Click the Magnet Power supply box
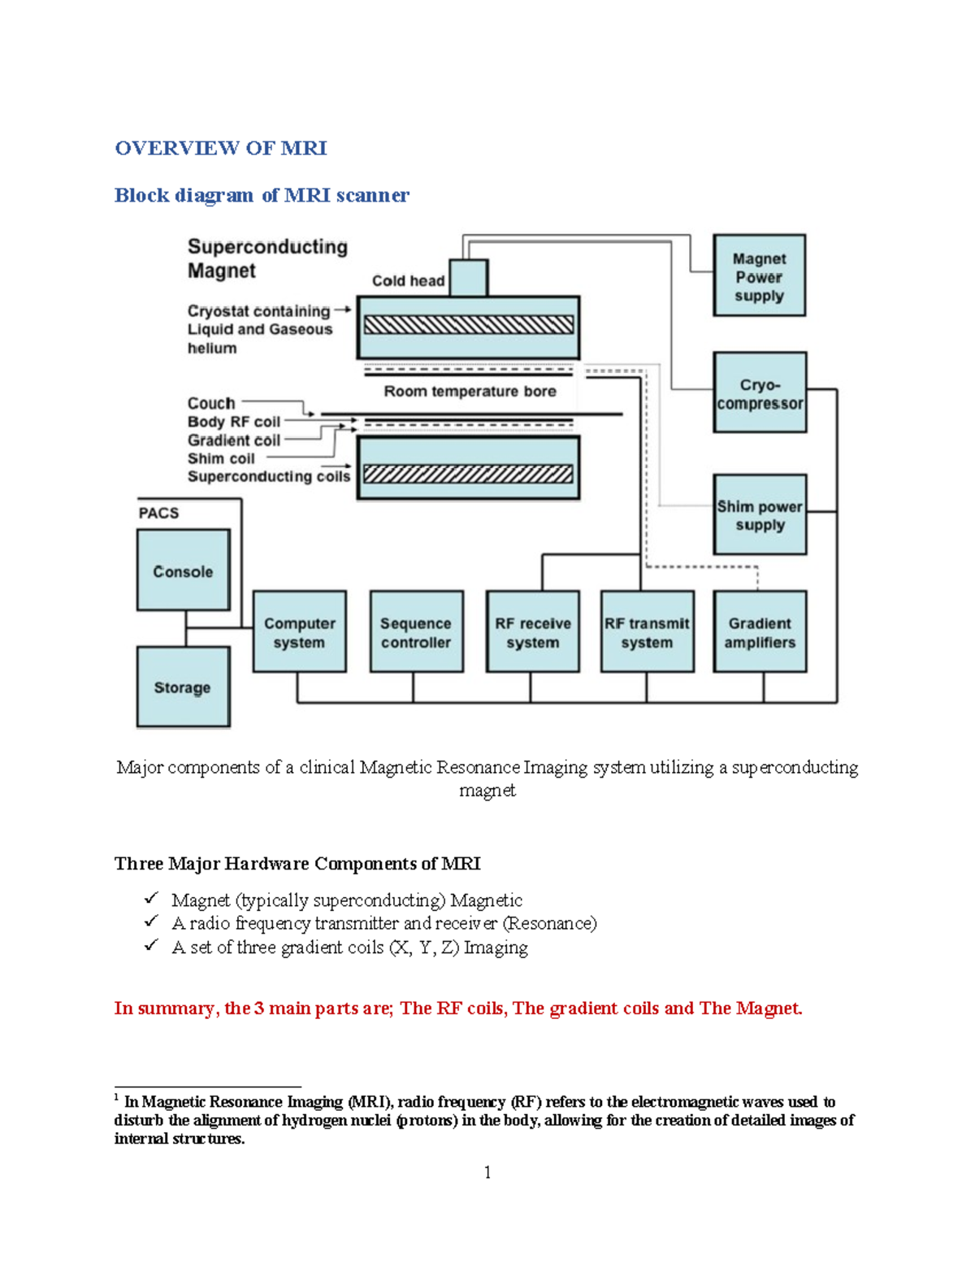(759, 275)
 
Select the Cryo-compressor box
(759, 392)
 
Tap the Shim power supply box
(760, 514)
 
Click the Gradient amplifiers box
(760, 631)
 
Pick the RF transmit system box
(647, 631)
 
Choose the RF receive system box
(532, 631)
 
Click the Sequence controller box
(416, 631)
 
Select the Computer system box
(299, 631)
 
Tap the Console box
(183, 570)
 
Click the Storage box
(183, 687)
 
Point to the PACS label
(158, 513)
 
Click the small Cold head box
(468, 278)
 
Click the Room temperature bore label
(470, 392)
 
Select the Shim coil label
(221, 458)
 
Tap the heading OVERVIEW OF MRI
(220, 148)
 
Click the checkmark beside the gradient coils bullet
(151, 945)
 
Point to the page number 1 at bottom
(487, 1172)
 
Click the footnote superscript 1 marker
(117, 1097)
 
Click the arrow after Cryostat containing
(342, 310)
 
